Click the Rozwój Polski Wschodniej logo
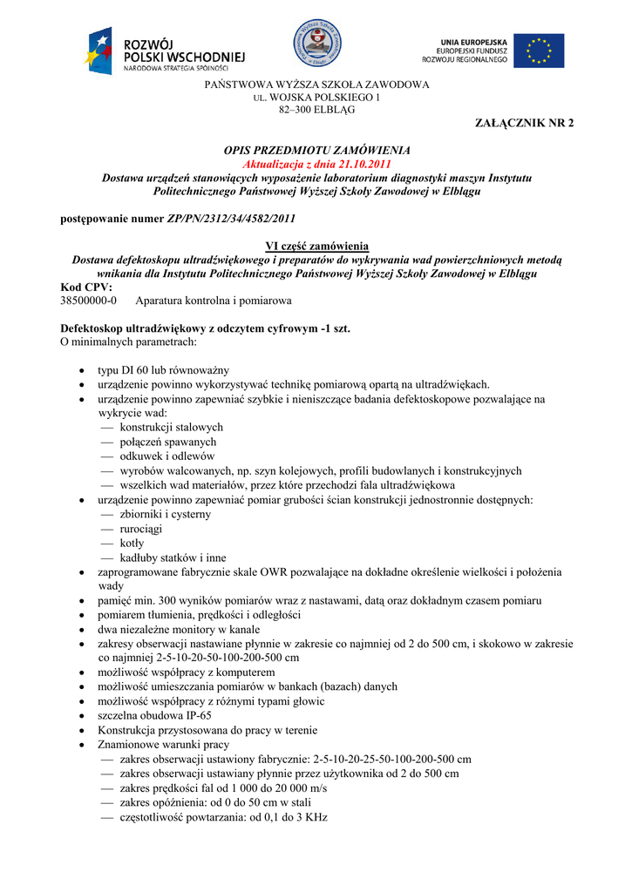(166, 50)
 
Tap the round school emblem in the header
(316, 43)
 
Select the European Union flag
(538, 51)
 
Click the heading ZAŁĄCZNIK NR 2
(524, 124)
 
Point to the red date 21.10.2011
(362, 164)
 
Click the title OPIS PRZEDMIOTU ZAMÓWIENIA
(316, 151)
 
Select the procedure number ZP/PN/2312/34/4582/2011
(231, 219)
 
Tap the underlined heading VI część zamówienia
(316, 246)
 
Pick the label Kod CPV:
(86, 287)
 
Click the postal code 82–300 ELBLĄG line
(316, 111)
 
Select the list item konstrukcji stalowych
(171, 427)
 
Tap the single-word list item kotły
(133, 543)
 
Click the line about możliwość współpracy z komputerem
(186, 672)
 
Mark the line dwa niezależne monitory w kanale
(179, 629)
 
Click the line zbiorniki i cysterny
(165, 514)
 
